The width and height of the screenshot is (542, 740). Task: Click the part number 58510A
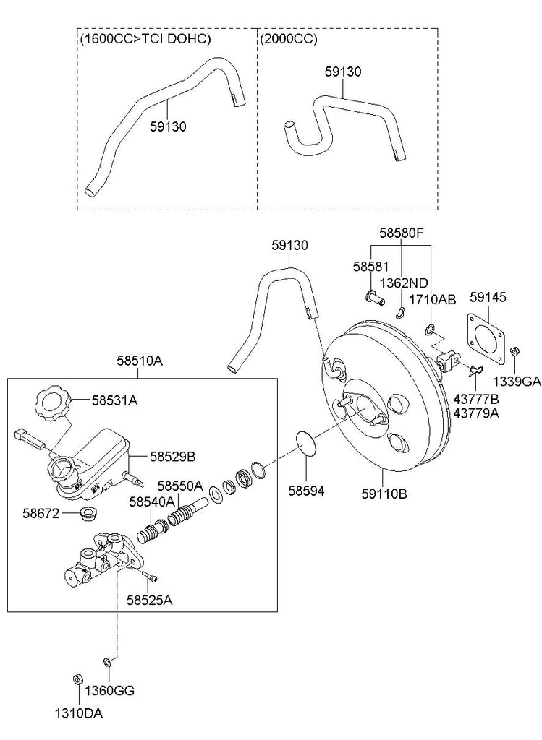[140, 361]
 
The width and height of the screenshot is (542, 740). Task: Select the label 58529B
[172, 457]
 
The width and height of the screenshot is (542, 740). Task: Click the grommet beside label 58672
[87, 515]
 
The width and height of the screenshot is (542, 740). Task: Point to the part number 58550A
[180, 486]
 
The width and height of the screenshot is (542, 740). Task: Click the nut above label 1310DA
[78, 679]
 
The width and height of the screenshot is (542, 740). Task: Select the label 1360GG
[109, 691]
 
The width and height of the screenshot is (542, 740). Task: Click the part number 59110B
[384, 494]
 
